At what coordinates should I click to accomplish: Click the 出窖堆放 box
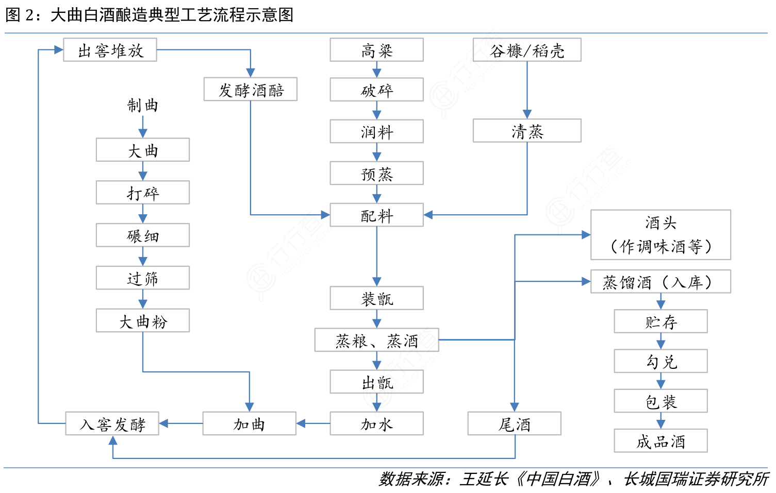click(x=110, y=50)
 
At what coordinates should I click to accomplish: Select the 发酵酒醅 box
click(x=251, y=90)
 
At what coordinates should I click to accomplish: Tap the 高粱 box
click(x=376, y=50)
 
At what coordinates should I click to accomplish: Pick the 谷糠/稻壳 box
click(x=527, y=50)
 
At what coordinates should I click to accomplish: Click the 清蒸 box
click(x=527, y=131)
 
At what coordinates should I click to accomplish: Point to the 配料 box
click(x=376, y=215)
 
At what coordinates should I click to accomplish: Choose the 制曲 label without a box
click(x=142, y=106)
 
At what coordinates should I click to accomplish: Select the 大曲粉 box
click(x=142, y=320)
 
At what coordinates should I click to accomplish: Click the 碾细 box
click(x=142, y=235)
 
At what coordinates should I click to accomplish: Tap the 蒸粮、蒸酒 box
click(x=376, y=340)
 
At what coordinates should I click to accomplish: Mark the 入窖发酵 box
click(x=112, y=423)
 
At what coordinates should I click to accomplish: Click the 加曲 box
click(x=249, y=423)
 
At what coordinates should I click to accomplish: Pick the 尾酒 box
click(x=514, y=423)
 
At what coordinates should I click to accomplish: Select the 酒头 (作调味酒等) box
click(x=661, y=234)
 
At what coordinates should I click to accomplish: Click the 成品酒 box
click(x=661, y=441)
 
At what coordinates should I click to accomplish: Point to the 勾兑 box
click(x=661, y=361)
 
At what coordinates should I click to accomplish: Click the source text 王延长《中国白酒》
click(x=531, y=479)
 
